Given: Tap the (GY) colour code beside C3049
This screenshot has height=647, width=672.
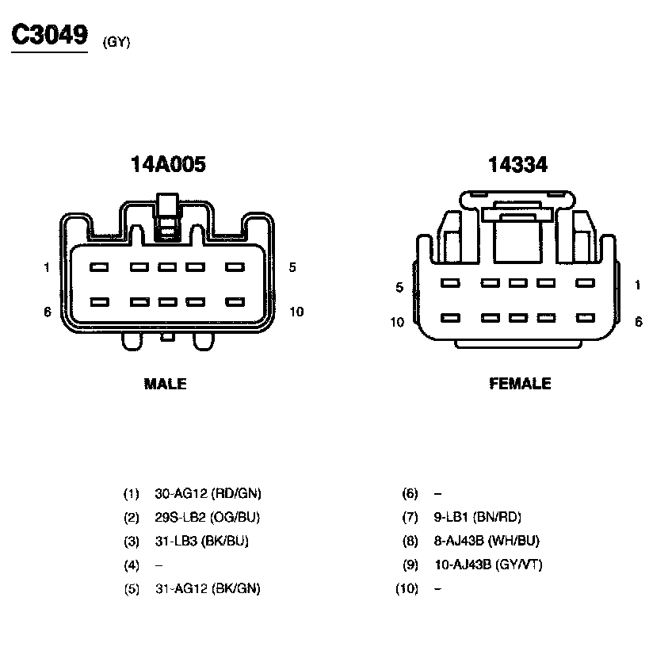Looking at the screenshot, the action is click(116, 43).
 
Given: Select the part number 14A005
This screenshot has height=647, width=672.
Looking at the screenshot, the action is click(168, 164).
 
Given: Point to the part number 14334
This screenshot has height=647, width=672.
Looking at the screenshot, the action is click(517, 164).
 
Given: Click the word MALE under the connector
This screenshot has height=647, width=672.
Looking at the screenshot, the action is click(165, 385).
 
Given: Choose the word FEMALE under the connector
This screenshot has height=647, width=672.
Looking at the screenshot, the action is click(520, 385).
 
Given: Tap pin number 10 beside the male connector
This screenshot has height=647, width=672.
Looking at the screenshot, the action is click(296, 312).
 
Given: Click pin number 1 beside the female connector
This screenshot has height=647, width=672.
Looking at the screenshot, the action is click(638, 285).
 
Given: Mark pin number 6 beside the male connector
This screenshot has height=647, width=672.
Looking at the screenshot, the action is click(47, 312).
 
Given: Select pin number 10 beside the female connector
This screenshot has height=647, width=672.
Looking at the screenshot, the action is click(397, 322).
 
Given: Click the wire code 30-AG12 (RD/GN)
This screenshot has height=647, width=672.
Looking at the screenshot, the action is click(208, 494).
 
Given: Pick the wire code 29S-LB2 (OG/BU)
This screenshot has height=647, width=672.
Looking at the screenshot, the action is click(208, 518).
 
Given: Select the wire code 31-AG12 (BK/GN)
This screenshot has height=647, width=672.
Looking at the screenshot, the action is click(208, 589).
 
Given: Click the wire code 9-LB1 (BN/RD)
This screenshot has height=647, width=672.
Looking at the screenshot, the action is click(477, 518).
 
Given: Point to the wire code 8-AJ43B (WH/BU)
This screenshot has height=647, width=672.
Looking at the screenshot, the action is click(487, 542).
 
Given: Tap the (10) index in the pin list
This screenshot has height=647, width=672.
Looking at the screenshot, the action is click(406, 589).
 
